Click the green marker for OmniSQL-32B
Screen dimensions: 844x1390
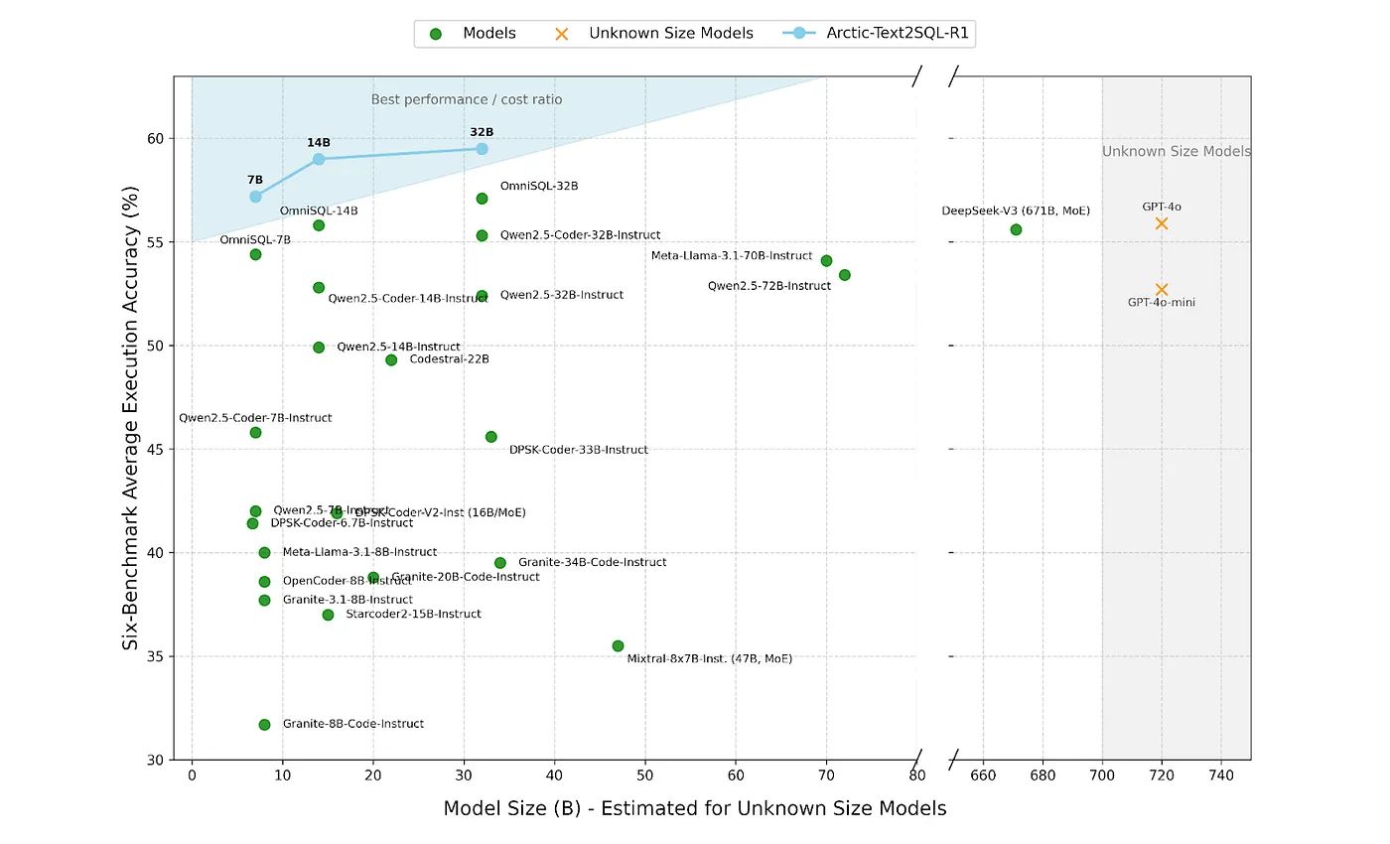[482, 199]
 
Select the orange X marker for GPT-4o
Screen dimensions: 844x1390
[1162, 223]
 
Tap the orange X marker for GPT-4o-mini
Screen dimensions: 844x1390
[1162, 290]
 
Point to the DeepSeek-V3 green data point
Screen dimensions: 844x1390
[1016, 229]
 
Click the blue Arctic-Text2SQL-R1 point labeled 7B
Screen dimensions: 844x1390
[255, 197]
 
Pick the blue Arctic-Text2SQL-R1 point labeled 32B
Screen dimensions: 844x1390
[482, 149]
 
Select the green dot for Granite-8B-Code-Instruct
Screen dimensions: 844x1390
[264, 725]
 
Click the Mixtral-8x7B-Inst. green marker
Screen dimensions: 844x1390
[618, 646]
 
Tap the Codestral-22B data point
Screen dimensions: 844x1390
[391, 359]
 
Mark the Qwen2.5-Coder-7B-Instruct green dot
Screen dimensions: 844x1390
[255, 432]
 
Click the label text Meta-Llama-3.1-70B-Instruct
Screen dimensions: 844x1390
[732, 256]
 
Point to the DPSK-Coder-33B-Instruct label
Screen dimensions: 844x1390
[578, 450]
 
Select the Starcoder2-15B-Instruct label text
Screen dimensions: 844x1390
[413, 615]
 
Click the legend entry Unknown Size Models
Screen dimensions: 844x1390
[670, 34]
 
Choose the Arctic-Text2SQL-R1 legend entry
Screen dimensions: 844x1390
[897, 34]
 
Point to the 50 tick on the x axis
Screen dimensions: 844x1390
[644, 775]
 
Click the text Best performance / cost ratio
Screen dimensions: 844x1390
[467, 99]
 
